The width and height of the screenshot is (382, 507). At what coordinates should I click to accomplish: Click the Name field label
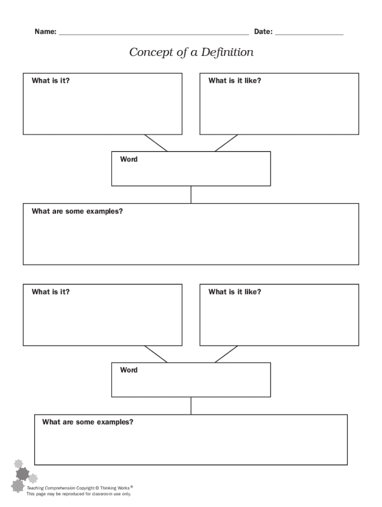point(45,32)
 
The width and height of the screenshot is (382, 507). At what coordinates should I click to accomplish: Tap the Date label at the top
point(263,32)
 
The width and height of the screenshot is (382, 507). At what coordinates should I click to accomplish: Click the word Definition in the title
point(227,52)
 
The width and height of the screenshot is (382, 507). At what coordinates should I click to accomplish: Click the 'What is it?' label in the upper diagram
point(51,81)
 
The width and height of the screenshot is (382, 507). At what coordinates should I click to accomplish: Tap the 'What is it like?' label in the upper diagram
point(235,81)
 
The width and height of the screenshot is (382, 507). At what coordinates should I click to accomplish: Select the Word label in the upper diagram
point(128,159)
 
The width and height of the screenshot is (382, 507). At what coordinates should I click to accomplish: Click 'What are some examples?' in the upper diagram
point(77,211)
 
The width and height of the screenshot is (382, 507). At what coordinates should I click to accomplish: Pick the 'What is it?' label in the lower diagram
point(51,292)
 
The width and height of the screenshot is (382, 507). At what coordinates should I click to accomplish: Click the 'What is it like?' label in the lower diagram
point(235,292)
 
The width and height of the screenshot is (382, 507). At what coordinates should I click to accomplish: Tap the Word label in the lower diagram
point(128,370)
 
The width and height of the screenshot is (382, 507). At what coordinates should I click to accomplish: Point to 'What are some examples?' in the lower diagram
point(87,422)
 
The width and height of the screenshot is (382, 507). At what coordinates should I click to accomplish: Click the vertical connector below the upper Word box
point(191,195)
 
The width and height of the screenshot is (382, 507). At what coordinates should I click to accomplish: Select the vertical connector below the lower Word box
point(191,406)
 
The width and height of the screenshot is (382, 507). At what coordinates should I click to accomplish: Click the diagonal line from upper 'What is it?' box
point(156,143)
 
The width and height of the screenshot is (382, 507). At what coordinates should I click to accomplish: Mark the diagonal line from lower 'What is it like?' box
point(226,354)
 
